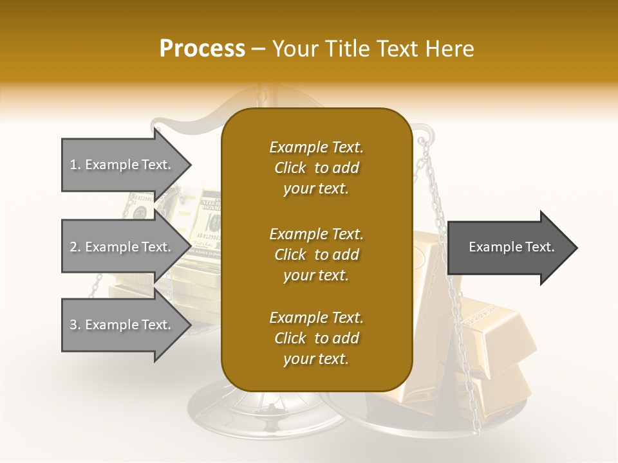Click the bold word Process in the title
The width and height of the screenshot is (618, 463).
202,49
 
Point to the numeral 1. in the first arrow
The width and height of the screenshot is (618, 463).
75,165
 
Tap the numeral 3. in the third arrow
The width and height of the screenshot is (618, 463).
75,325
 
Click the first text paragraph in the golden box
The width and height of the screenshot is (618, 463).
316,168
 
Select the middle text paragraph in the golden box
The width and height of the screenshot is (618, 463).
316,255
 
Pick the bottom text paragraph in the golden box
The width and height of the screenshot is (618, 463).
316,338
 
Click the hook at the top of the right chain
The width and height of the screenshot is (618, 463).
422,138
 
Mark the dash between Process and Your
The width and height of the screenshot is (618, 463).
259,49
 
